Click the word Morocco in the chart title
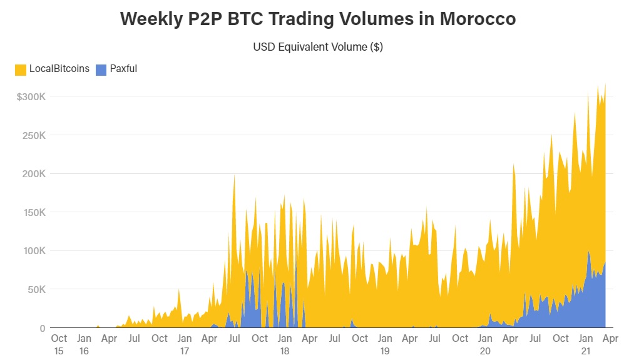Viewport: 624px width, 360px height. (478, 19)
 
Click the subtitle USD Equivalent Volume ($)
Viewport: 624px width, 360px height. (317, 47)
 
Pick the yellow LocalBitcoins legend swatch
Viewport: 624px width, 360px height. (21, 69)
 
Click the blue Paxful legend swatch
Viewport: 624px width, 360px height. (101, 69)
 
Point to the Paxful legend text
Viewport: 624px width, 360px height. (123, 69)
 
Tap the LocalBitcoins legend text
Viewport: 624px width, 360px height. (59, 69)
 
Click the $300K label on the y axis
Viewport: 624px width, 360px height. (31, 97)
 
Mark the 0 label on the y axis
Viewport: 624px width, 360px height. (43, 328)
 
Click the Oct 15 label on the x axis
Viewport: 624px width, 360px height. (59, 344)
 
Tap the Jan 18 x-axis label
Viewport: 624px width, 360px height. (285, 344)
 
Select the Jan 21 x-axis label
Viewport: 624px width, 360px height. (586, 344)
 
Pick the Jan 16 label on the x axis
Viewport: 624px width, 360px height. (84, 344)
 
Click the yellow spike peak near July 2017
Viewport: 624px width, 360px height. (234, 176)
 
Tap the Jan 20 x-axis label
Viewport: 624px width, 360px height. (485, 344)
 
